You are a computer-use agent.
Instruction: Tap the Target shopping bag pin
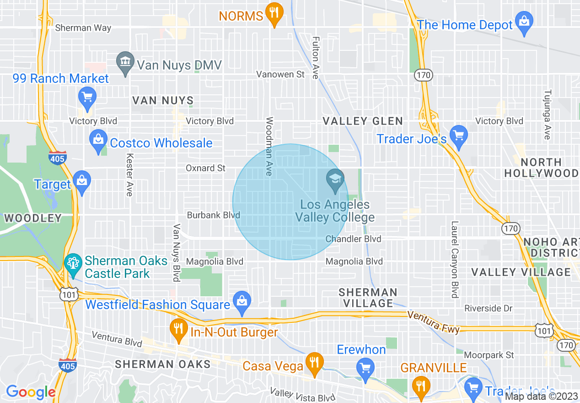(x=82, y=182)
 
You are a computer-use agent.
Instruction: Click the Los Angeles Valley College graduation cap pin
(x=335, y=180)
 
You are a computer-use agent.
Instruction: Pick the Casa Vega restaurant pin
(x=314, y=363)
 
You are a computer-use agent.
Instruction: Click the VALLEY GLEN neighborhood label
(x=363, y=121)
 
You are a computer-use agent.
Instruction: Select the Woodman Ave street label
(x=269, y=146)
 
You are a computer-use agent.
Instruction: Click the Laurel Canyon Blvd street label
(x=455, y=260)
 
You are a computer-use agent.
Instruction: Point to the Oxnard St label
(x=205, y=168)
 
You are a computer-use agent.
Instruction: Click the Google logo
(x=30, y=392)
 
